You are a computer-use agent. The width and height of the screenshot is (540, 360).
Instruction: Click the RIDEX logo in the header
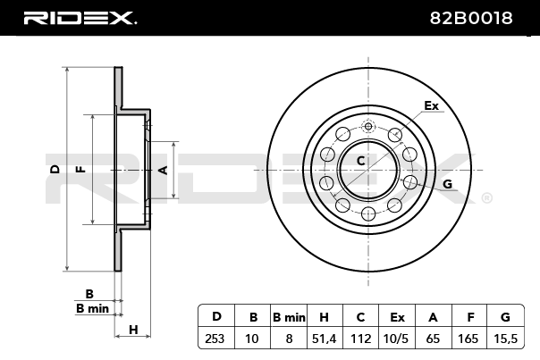pyautogui.click(x=80, y=18)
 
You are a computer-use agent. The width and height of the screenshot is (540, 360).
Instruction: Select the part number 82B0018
pyautogui.click(x=471, y=18)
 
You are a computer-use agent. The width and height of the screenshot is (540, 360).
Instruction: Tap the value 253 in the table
pyautogui.click(x=215, y=339)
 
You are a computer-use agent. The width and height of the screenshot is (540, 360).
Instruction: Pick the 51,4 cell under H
pyautogui.click(x=324, y=339)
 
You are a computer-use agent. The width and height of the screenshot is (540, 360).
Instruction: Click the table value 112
pyautogui.click(x=360, y=339)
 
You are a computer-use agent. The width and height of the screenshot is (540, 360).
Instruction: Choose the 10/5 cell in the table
pyautogui.click(x=396, y=339)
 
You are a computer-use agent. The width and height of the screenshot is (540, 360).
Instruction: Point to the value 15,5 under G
pyautogui.click(x=505, y=339)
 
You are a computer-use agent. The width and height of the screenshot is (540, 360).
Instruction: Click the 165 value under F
pyautogui.click(x=468, y=339)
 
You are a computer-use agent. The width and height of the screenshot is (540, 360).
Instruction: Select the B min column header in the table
pyautogui.click(x=289, y=317)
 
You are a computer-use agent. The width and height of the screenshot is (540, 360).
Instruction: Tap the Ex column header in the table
pyautogui.click(x=397, y=317)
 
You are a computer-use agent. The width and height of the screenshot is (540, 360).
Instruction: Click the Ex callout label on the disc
pyautogui.click(x=432, y=105)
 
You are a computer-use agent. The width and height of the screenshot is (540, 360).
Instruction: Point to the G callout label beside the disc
pyautogui.click(x=447, y=185)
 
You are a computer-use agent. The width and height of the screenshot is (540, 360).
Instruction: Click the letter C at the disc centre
pyautogui.click(x=360, y=161)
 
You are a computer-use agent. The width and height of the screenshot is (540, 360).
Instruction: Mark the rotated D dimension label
pyautogui.click(x=55, y=169)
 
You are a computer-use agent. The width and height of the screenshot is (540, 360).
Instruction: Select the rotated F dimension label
pyautogui.click(x=81, y=170)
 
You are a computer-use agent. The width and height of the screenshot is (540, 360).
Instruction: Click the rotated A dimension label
pyautogui.click(x=164, y=170)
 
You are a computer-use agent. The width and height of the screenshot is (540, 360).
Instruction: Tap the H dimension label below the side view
pyautogui.click(x=133, y=330)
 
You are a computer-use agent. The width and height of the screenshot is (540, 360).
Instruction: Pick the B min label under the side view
pyautogui.click(x=92, y=309)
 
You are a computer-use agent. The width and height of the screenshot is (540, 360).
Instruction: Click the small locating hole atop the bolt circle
pyautogui.click(x=368, y=126)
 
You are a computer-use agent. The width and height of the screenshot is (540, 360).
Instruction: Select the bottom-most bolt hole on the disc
pyautogui.click(x=368, y=214)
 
